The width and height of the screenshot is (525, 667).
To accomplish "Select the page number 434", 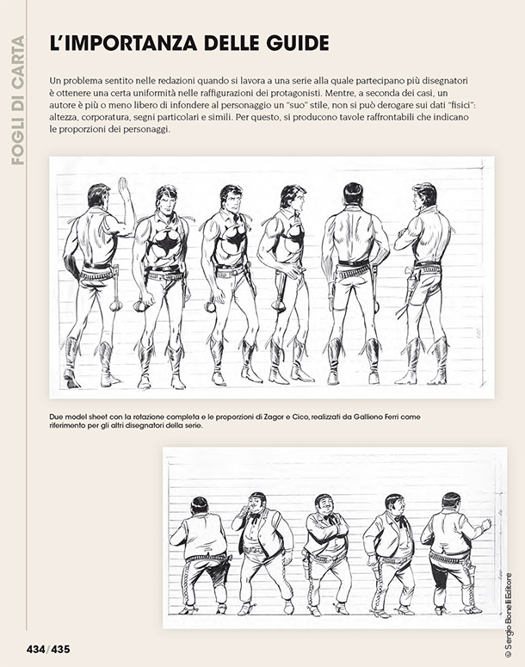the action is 36,649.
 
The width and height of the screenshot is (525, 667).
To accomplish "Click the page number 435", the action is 60,649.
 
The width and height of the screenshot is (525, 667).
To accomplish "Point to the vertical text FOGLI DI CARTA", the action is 18,101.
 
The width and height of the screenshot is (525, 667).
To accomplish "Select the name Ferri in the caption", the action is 390,417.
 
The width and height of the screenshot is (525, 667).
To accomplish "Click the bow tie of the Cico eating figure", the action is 255,518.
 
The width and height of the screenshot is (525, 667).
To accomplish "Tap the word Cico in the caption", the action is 300,417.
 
